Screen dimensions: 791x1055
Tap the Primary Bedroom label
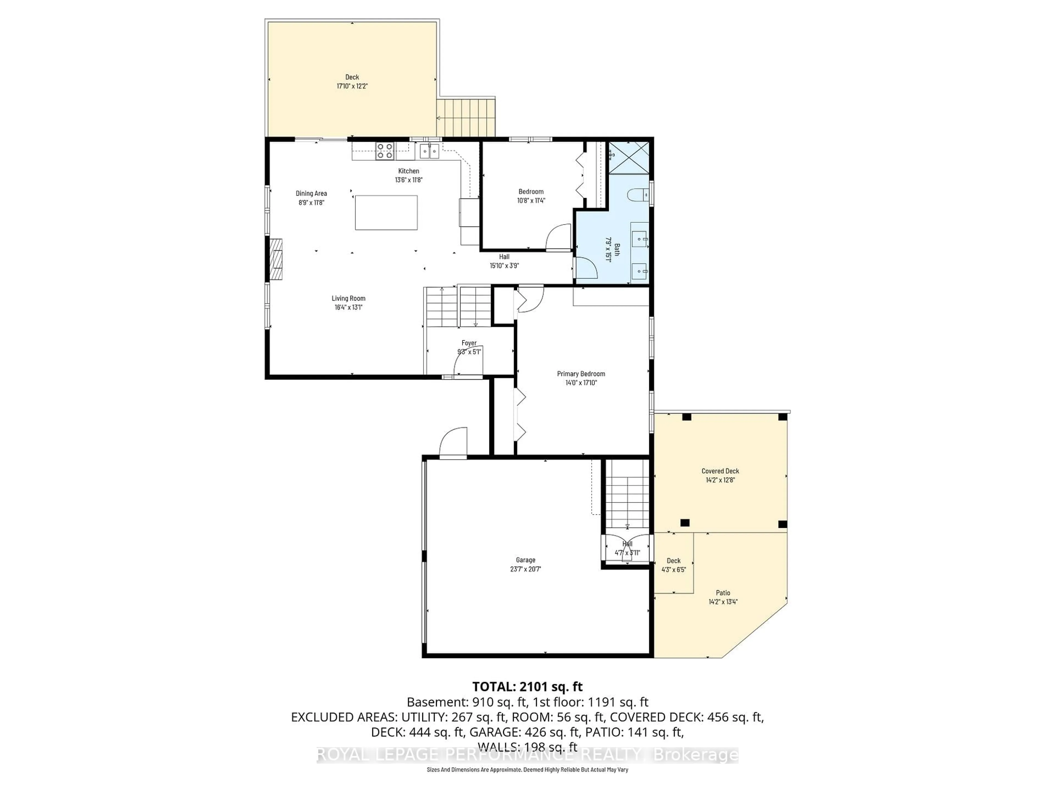click(581, 374)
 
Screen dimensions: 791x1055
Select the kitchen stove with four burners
click(384, 151)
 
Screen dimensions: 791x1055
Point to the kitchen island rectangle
click(386, 213)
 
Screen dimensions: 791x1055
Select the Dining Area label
click(311, 193)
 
